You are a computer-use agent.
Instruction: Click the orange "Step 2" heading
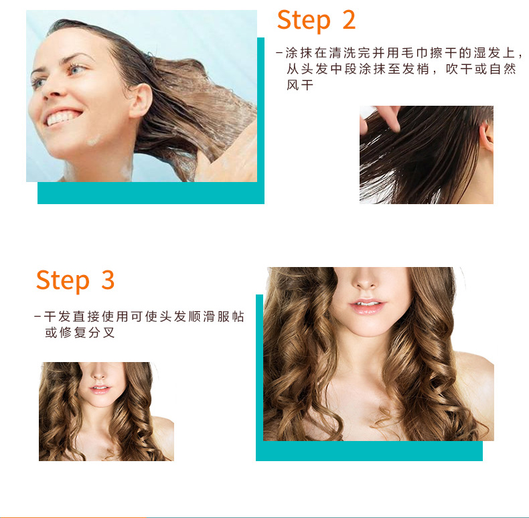click(x=316, y=21)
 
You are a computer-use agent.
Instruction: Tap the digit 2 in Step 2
click(x=349, y=19)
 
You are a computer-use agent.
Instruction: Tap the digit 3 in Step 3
click(x=108, y=279)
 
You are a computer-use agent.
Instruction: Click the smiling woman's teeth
click(x=62, y=118)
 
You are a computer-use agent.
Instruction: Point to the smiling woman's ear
click(x=141, y=100)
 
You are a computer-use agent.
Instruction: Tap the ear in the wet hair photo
click(x=487, y=137)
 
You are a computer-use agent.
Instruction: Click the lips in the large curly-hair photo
click(x=367, y=306)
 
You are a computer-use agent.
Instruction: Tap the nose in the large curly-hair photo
click(x=366, y=280)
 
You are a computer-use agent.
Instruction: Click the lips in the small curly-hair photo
click(x=100, y=389)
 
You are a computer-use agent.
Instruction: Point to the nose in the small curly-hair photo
click(x=98, y=373)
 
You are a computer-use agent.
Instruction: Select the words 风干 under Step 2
click(x=300, y=85)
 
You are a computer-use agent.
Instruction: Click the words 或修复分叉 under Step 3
click(x=80, y=333)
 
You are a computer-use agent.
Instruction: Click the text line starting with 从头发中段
click(x=402, y=69)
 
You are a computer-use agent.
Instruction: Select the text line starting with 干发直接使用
click(x=139, y=317)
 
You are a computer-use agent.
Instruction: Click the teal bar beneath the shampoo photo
click(x=151, y=193)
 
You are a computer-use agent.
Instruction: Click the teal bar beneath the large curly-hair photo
click(x=370, y=451)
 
